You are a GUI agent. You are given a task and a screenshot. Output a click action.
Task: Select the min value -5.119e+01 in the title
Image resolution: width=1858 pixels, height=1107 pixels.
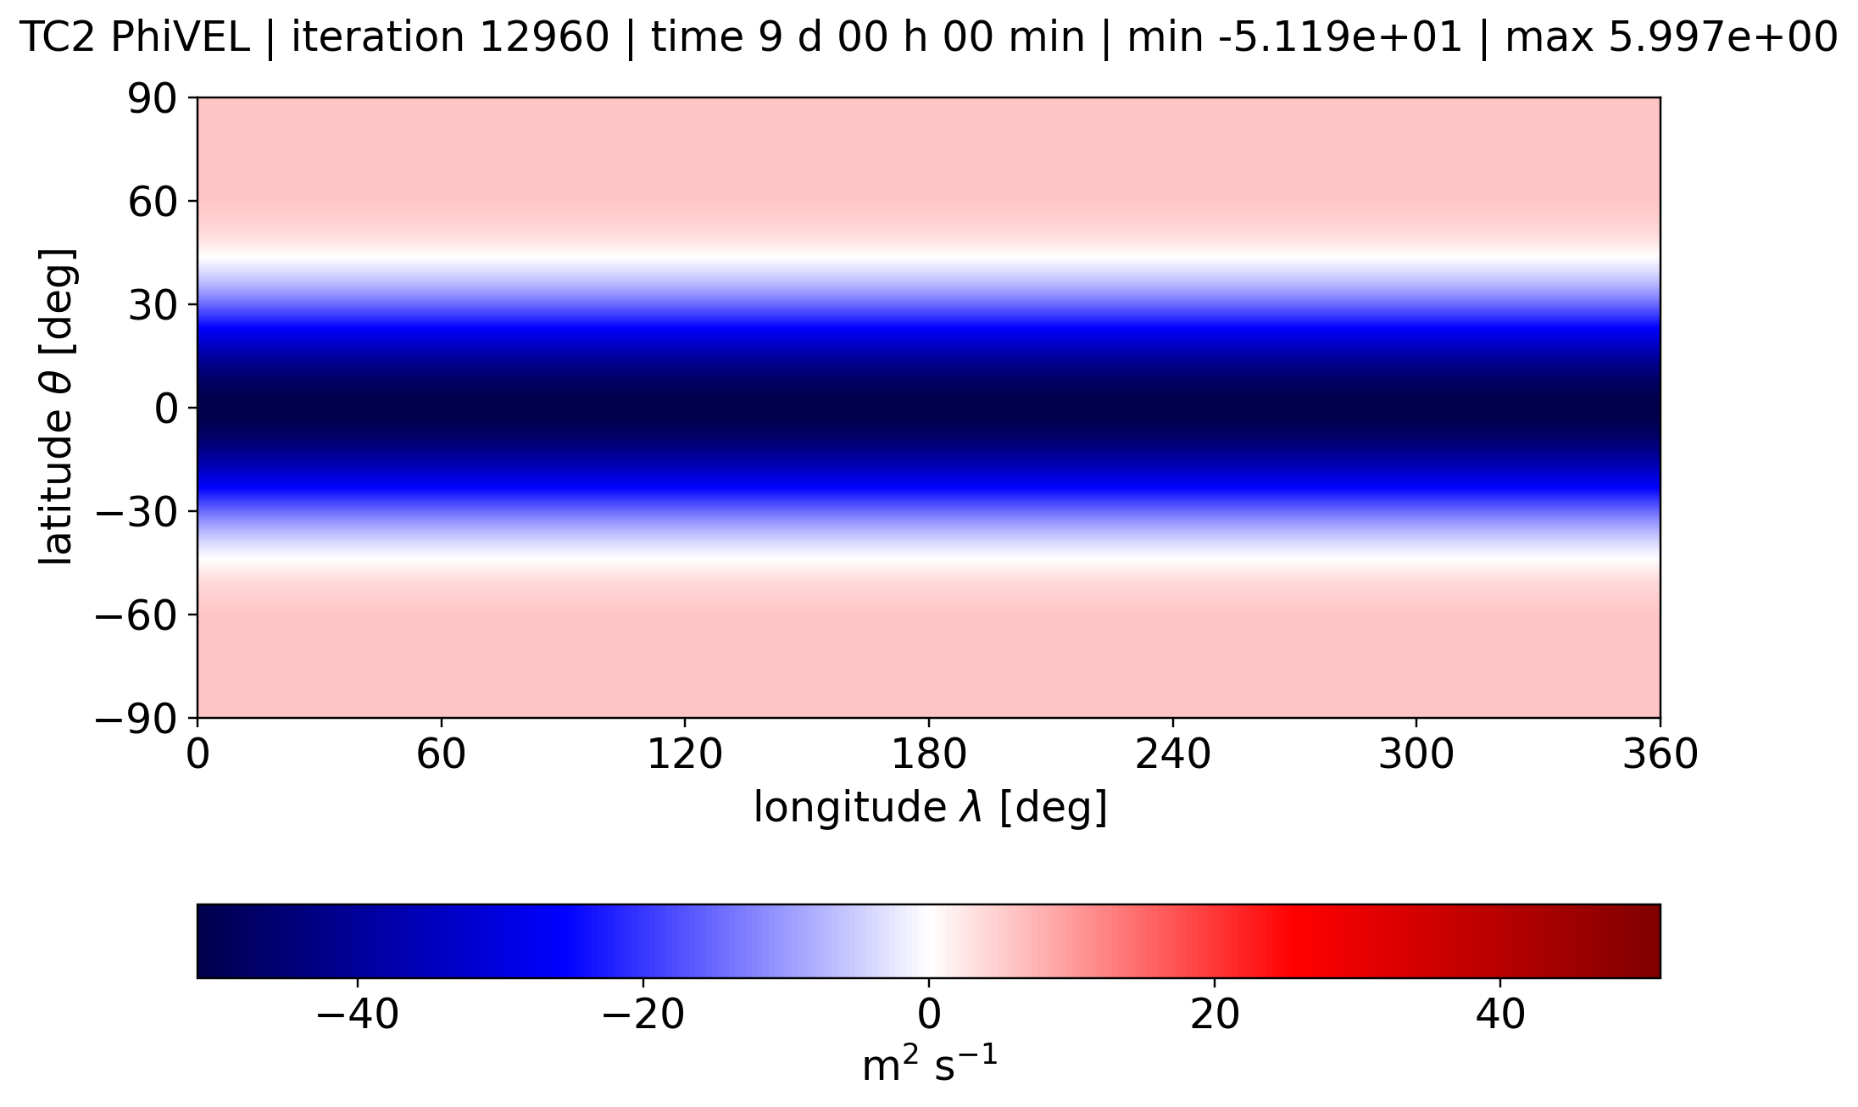click(1332, 37)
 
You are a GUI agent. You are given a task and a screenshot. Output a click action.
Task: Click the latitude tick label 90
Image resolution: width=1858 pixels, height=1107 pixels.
click(153, 99)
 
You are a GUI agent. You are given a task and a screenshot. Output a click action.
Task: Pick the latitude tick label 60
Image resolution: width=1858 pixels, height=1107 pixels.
click(153, 203)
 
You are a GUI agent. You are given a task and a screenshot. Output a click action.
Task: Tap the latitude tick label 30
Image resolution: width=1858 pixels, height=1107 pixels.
click(153, 306)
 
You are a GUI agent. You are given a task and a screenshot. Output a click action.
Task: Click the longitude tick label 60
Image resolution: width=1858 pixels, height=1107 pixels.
click(441, 754)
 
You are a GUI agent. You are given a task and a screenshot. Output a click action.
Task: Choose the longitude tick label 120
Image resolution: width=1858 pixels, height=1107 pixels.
click(684, 754)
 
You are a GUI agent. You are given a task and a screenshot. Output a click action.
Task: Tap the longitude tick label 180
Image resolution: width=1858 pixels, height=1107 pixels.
click(928, 754)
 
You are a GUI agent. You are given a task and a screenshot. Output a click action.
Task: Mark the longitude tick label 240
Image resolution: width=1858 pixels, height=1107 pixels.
click(1172, 754)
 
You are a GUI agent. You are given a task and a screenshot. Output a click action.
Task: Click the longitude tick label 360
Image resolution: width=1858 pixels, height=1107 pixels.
click(1660, 754)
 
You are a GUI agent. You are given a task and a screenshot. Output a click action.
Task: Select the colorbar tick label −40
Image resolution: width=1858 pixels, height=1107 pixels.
click(357, 1015)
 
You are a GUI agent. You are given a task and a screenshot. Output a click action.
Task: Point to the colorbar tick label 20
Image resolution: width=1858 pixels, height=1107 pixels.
click(1215, 1015)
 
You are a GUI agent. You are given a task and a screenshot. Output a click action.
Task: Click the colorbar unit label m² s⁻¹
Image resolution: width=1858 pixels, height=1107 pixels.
click(929, 1065)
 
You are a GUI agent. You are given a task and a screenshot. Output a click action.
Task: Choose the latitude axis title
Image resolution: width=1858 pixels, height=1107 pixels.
click(57, 407)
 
